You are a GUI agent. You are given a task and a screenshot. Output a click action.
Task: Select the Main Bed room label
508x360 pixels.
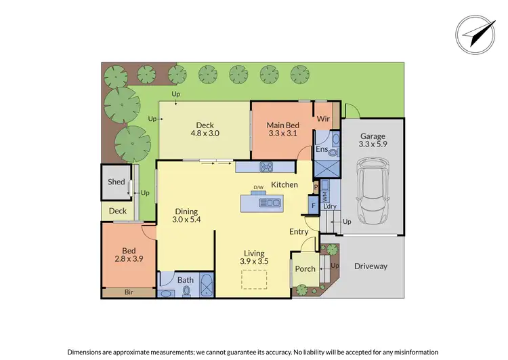click(283, 129)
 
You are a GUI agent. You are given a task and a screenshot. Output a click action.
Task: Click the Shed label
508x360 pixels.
click(117, 182)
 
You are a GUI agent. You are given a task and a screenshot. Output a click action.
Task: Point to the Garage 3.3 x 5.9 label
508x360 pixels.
click(372, 140)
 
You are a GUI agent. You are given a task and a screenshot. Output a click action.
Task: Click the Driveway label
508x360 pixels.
click(371, 266)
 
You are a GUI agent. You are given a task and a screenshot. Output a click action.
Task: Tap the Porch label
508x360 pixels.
click(305, 268)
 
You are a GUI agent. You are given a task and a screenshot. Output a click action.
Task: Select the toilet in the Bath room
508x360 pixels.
click(186, 292)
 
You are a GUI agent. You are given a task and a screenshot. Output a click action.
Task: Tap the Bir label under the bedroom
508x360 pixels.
click(129, 293)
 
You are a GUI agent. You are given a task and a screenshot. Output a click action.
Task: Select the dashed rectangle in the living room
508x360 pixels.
click(255, 279)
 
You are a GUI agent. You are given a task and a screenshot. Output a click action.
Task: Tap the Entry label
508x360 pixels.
click(299, 232)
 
